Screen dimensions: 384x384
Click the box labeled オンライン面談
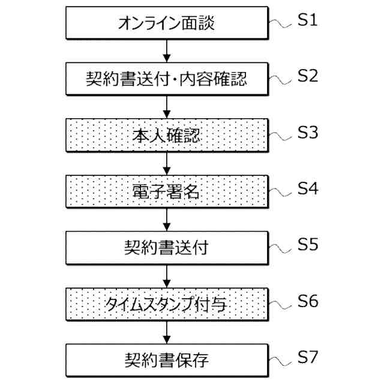tap(166, 24)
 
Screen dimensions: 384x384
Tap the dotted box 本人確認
tap(166, 136)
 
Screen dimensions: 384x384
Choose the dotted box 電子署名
tap(166, 192)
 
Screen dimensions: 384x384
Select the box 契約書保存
tap(166, 360)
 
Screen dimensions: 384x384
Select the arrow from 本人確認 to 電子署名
tap(166, 164)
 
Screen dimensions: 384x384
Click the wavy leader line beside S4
tap(281, 192)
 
